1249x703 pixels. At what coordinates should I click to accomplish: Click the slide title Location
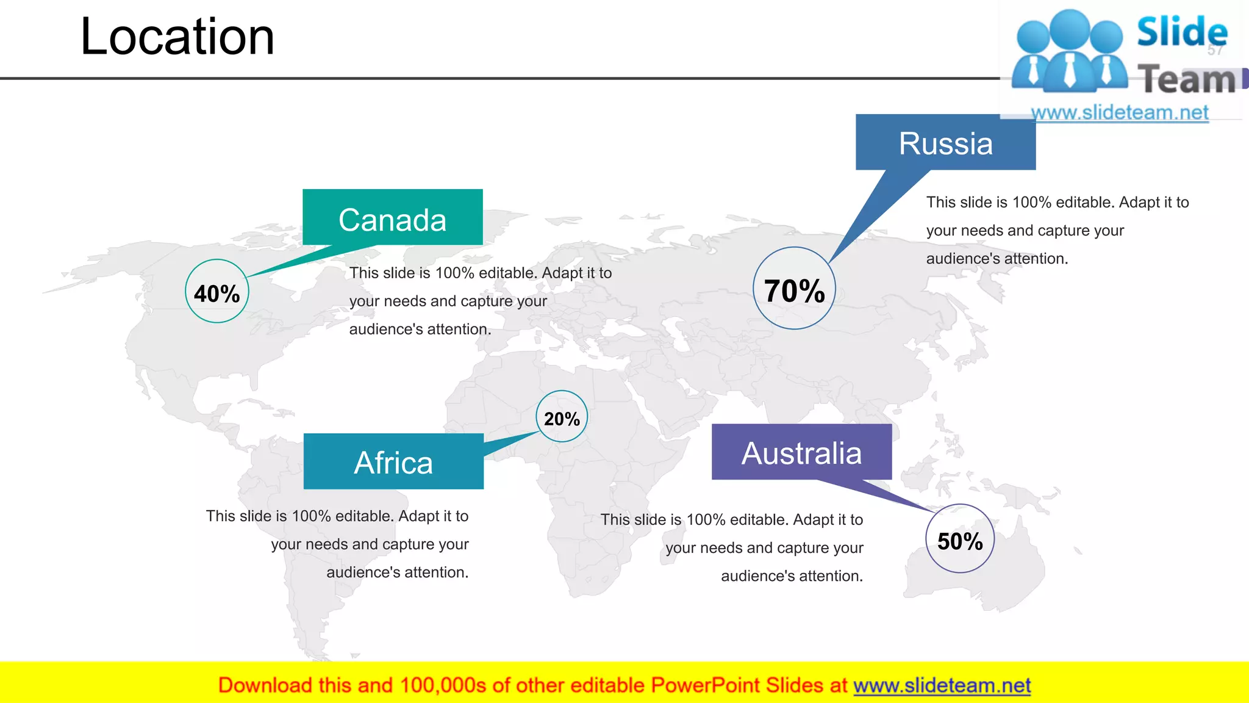point(177,37)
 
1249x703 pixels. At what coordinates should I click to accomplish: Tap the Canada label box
point(392,218)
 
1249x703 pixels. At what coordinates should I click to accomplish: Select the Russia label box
point(945,143)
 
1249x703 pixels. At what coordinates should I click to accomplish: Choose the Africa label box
point(393,461)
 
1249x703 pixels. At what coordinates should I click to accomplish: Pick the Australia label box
point(801,452)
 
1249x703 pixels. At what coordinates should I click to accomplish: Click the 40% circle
point(217,292)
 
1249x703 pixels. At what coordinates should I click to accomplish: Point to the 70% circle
point(794,289)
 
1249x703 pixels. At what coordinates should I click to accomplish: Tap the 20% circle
point(562,417)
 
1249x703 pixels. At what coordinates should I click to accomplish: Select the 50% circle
point(960,539)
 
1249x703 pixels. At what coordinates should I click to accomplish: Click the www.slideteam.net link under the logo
point(1119,112)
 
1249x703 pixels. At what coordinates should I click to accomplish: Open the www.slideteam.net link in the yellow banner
point(942,685)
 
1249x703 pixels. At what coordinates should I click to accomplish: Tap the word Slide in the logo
point(1181,32)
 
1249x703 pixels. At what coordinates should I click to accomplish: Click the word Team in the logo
point(1186,80)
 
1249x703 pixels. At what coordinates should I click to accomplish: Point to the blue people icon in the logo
point(1068,52)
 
